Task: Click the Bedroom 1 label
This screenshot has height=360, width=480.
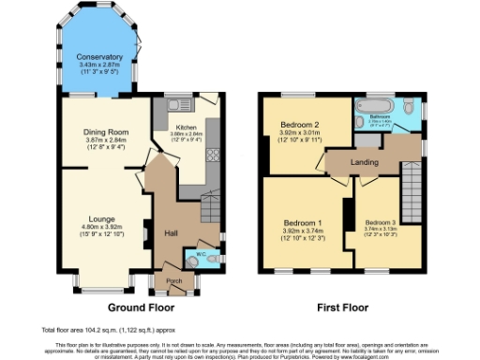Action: pos(303,222)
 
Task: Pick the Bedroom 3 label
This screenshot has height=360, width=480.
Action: pos(380,222)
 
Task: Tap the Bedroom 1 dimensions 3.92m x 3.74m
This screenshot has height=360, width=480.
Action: pos(303,232)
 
